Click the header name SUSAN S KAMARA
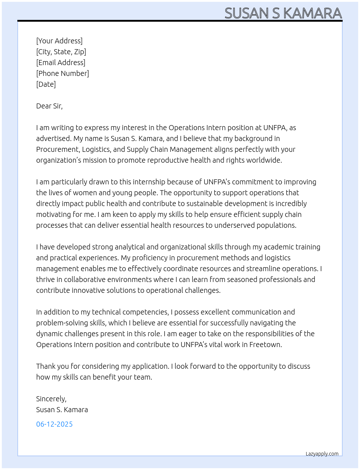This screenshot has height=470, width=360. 283,13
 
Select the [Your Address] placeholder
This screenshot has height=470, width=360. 59,41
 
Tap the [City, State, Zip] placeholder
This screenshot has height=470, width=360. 61,52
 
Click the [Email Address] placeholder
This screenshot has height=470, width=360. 61,63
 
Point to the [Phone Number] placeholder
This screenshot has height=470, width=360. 63,73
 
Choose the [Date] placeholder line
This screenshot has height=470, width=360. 46,84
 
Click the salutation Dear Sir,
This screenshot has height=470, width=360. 50,106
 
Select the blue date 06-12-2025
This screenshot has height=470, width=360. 54,424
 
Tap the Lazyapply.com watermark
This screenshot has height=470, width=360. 322,454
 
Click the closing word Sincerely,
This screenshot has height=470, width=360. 51,399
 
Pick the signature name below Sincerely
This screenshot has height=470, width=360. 62,410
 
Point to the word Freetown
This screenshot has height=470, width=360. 265,345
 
